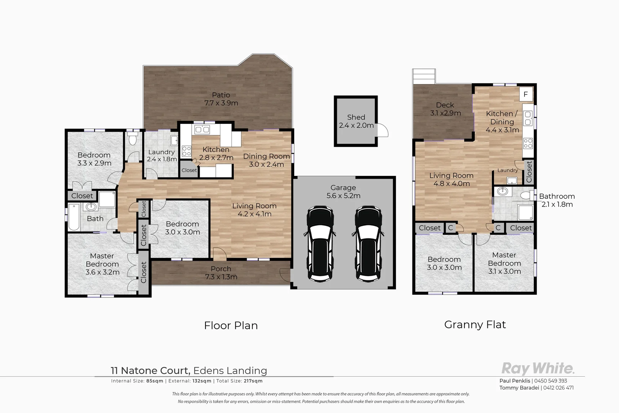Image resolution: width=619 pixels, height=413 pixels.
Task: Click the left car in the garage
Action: [320, 244]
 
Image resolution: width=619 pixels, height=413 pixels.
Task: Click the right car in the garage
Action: [368, 244]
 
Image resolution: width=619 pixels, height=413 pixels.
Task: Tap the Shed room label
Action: [356, 117]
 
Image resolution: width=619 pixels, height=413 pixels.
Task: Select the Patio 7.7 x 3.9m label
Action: [221, 99]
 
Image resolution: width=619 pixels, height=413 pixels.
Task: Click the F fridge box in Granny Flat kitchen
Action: [526, 94]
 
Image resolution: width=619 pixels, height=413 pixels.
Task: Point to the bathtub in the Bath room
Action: [73, 217]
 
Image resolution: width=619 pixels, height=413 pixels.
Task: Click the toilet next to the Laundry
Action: [133, 138]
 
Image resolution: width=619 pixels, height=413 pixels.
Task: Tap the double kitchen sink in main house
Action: [202, 130]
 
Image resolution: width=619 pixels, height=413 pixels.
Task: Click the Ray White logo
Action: [538, 369]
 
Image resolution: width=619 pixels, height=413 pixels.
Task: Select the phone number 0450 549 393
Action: [551, 381]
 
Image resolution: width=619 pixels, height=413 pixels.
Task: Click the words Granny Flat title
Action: [475, 325]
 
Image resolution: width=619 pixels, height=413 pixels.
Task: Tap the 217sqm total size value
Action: [253, 381]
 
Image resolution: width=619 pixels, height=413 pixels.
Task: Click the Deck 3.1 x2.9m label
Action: [445, 109]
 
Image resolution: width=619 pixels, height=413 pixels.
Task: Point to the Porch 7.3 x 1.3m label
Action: [221, 273]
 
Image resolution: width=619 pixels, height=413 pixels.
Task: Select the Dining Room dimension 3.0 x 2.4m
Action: [266, 164]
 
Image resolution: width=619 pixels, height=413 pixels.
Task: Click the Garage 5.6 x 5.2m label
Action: [343, 192]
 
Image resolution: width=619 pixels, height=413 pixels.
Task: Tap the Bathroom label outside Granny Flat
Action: [557, 196]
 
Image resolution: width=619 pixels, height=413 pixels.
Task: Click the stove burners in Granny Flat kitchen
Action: [528, 143]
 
